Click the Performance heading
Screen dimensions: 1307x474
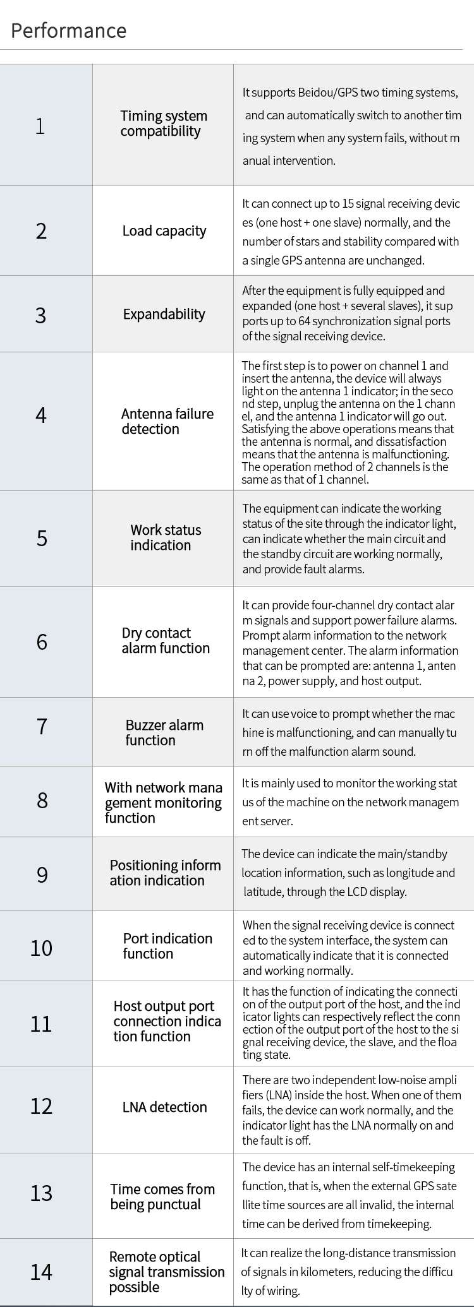(68, 31)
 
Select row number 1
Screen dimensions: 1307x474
(40, 126)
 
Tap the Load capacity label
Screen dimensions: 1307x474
(164, 231)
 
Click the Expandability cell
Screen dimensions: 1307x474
(164, 314)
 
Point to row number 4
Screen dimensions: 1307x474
(41, 415)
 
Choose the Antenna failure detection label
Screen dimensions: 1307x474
(167, 422)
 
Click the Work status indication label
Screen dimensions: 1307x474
(166, 538)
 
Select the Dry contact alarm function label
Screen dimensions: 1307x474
(166, 641)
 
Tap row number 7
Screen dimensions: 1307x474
(42, 726)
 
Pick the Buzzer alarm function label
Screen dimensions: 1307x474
(164, 732)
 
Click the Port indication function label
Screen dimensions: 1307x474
(167, 946)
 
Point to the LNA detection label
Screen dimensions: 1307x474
(164, 1107)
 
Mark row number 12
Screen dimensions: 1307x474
(41, 1106)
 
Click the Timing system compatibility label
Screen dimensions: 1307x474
(164, 124)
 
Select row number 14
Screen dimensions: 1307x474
(41, 1272)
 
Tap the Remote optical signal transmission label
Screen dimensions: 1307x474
(166, 1272)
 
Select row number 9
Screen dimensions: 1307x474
(42, 874)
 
